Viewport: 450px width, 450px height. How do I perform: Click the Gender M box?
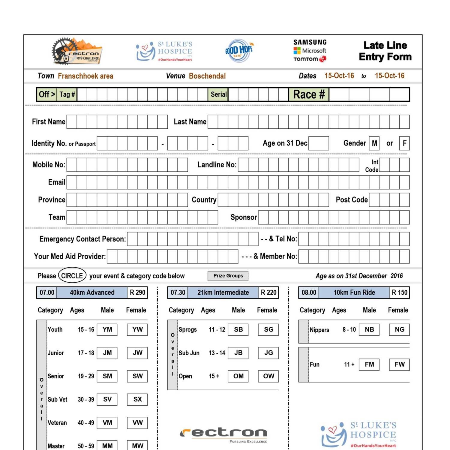pyautogui.click(x=374, y=143)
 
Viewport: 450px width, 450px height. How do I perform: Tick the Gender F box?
pyautogui.click(x=404, y=143)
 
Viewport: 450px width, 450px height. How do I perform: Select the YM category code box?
pyautogui.click(x=107, y=329)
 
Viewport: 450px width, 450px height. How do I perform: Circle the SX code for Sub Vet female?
pyautogui.click(x=137, y=399)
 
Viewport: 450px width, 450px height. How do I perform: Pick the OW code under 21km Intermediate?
pyautogui.click(x=268, y=376)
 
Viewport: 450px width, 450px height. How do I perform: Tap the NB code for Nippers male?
pyautogui.click(x=369, y=329)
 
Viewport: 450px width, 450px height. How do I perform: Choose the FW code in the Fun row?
pyautogui.click(x=399, y=364)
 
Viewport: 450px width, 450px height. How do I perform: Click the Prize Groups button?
pyautogui.click(x=228, y=276)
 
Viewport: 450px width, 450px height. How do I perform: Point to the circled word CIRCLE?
pyautogui.click(x=72, y=276)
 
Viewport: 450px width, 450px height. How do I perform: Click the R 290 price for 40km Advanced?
pyautogui.click(x=137, y=292)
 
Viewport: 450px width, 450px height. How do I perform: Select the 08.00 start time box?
pyautogui.click(x=309, y=292)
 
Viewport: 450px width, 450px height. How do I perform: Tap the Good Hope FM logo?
pyautogui.click(x=239, y=50)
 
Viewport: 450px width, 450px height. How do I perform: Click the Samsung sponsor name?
pyautogui.click(x=310, y=42)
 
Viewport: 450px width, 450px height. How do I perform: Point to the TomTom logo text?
pyautogui.click(x=306, y=59)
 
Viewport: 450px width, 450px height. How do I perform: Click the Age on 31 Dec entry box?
pyautogui.click(x=319, y=143)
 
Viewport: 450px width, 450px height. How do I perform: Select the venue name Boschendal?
pyautogui.click(x=207, y=76)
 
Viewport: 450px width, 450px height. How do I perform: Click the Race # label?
pyautogui.click(x=309, y=94)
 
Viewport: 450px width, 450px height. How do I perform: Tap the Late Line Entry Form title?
pyautogui.click(x=385, y=51)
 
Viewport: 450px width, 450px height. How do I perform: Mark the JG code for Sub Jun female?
pyautogui.click(x=268, y=353)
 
